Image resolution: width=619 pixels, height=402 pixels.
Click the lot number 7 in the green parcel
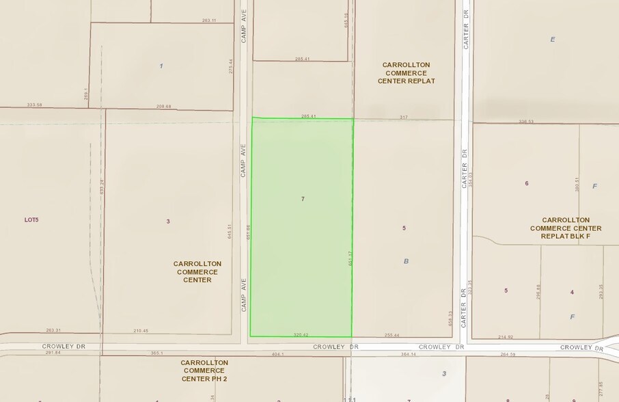coord(303,198)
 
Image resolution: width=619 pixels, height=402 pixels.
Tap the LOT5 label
coord(32,219)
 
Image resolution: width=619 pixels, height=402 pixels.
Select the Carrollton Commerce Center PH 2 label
coord(205,371)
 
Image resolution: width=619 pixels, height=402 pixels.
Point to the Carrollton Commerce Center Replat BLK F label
coord(566,228)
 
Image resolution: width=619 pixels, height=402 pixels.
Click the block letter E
coord(553,39)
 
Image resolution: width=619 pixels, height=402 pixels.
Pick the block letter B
coord(407,260)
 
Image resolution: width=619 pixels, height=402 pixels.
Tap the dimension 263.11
coord(209,21)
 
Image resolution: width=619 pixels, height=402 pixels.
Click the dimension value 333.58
coord(34,105)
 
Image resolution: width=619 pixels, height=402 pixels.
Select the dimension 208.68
coord(163,106)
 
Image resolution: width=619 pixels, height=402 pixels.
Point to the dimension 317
coord(404,117)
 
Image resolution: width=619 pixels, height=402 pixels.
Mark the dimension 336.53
coord(525,121)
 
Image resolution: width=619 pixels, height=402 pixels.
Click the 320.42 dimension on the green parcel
coord(301,335)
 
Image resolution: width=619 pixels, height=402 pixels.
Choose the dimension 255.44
coord(391,335)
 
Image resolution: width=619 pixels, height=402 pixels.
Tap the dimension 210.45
coord(141,331)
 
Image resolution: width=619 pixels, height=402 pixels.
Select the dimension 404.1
coord(277,354)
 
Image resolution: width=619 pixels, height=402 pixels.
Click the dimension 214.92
coord(506,336)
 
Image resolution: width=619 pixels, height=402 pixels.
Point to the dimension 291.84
coord(53,353)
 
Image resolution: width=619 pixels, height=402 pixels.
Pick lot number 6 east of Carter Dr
coord(527,183)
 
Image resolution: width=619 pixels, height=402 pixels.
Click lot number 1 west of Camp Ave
coord(161,66)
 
